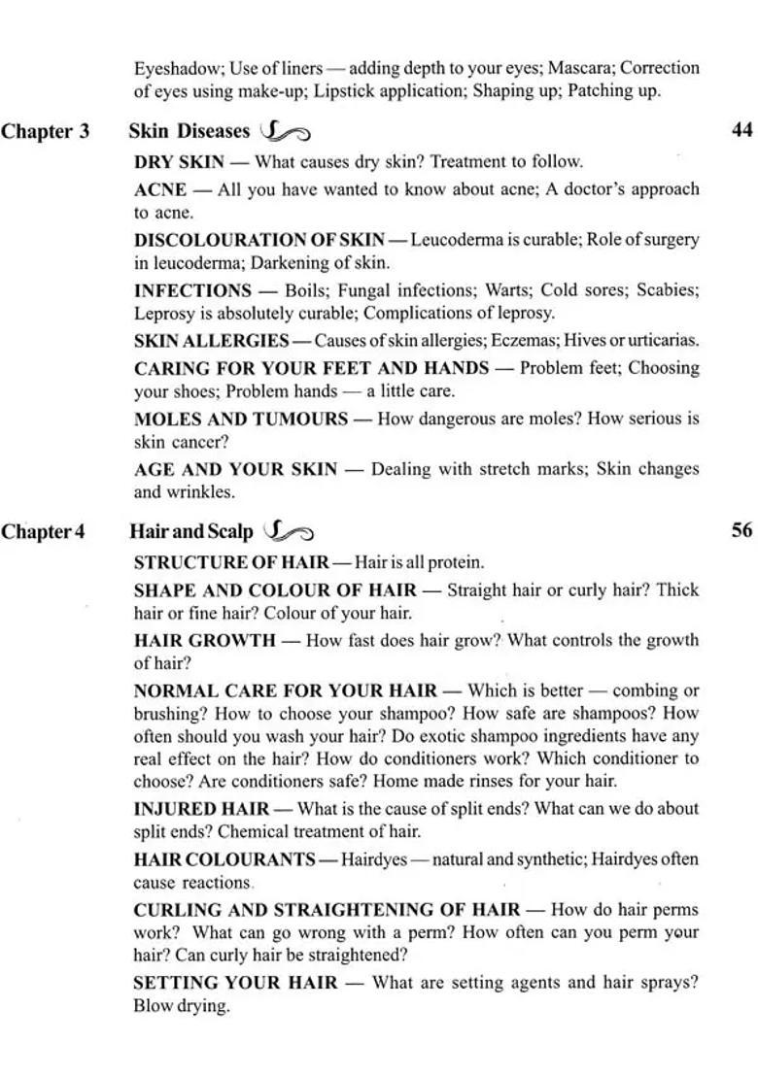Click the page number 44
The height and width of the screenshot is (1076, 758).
coord(741,130)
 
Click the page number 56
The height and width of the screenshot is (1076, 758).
coord(741,530)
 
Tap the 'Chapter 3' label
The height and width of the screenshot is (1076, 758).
coord(45,131)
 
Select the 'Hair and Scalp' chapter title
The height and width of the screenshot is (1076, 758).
coord(190,531)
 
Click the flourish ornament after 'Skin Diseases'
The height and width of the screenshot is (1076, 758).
coord(286,131)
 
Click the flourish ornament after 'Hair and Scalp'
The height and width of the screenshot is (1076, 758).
coord(288,531)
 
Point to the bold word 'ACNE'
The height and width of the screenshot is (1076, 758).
coord(159,189)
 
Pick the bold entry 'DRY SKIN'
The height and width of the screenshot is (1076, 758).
coord(179,162)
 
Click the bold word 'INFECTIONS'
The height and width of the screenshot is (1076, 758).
coord(192,290)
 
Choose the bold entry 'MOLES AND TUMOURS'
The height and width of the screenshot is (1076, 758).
coord(240,419)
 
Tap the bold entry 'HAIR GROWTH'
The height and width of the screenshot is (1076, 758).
coord(204,640)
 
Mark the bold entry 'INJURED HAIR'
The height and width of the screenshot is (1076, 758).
coord(201,808)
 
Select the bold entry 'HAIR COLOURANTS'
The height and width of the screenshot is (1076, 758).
coord(224,859)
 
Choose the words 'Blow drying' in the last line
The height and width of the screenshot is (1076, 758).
coord(181,1006)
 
